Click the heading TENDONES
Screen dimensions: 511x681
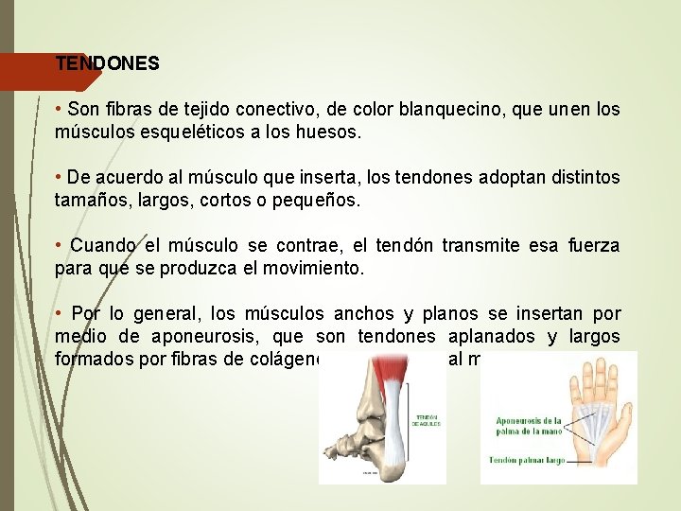tap(107, 63)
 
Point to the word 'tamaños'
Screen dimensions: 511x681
tap(94, 202)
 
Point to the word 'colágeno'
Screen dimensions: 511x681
tap(284, 359)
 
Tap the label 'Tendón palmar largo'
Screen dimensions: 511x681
tap(527, 461)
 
